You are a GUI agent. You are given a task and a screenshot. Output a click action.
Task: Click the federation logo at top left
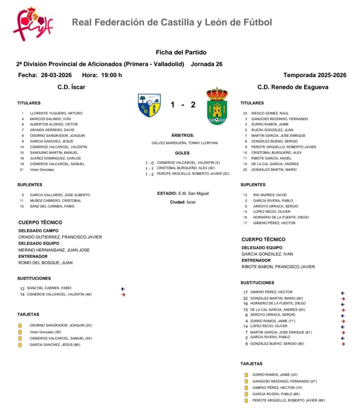[x=33, y=23]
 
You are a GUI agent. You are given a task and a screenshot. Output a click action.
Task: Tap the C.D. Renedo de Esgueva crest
[x=216, y=106]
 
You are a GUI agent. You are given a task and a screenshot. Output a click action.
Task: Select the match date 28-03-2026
[x=56, y=75]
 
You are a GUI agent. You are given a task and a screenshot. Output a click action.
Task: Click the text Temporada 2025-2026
[x=315, y=75]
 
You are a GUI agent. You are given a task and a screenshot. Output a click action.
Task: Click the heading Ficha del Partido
[x=181, y=52]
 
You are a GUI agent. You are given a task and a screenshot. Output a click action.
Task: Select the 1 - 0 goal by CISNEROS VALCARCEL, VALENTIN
[x=182, y=163]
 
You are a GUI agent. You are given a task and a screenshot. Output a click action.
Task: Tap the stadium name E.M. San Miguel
[x=196, y=194]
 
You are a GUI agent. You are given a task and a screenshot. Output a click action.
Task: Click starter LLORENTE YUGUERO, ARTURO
[x=56, y=113]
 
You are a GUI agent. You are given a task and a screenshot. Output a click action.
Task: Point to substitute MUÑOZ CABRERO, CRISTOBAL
[x=56, y=201]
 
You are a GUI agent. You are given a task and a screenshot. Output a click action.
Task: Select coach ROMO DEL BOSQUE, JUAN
[x=45, y=263]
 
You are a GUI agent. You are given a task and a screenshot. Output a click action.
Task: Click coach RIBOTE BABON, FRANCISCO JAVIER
[x=278, y=267]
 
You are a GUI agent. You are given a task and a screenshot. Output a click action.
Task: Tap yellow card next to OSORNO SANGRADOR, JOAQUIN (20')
[x=20, y=326]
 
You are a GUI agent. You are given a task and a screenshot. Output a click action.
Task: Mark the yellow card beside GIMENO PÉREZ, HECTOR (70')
[x=246, y=388]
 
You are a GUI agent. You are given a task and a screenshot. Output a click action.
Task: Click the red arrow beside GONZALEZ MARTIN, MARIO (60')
[x=343, y=299]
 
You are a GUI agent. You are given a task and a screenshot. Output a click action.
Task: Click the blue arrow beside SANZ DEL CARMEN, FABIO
[x=123, y=288]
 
